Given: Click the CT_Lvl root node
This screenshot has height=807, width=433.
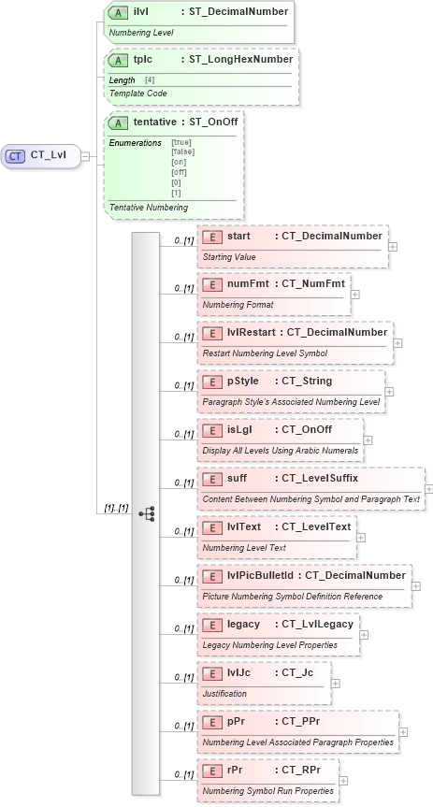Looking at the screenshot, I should pyautogui.click(x=41, y=156).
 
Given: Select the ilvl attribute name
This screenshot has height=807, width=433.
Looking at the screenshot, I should pyautogui.click(x=145, y=11).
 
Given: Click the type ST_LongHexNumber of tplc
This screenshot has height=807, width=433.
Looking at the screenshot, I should pyautogui.click(x=241, y=60).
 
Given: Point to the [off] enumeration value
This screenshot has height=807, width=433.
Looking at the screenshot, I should pyautogui.click(x=180, y=171).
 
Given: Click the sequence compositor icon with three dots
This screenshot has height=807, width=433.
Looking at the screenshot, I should pyautogui.click(x=146, y=513).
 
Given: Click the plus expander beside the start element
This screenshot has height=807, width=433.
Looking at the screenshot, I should pyautogui.click(x=392, y=247).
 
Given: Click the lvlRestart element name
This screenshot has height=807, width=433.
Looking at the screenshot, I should pyautogui.click(x=254, y=332).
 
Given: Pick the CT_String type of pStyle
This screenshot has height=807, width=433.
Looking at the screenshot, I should pyautogui.click(x=306, y=381).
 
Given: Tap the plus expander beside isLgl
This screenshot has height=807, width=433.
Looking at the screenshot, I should pyautogui.click(x=368, y=440).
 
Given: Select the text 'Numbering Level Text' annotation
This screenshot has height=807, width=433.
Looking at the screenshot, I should pyautogui.click(x=244, y=547).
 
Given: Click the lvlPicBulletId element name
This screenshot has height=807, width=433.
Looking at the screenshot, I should pyautogui.click(x=263, y=575).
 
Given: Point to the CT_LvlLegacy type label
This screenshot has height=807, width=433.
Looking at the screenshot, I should pyautogui.click(x=313, y=624).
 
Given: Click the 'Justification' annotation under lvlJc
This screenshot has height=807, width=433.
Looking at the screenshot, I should pyautogui.click(x=224, y=694).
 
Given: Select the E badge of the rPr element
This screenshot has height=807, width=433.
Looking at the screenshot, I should pyautogui.click(x=212, y=770).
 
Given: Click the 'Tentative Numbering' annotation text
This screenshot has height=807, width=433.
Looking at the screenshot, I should pyautogui.click(x=149, y=207).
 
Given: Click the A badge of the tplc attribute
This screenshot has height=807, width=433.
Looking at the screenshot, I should pyautogui.click(x=119, y=60).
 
